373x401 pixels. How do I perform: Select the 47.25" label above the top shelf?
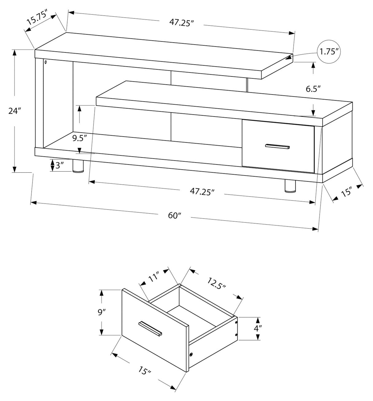pyautogui.click(x=181, y=23)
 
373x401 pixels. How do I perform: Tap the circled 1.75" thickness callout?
pyautogui.click(x=328, y=52)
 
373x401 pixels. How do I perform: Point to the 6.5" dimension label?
pyautogui.click(x=313, y=89)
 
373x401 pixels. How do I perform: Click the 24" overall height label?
pyautogui.click(x=14, y=111)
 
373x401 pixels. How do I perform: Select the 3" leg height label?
pyautogui.click(x=59, y=166)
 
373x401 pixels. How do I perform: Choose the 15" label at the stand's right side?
pyautogui.click(x=346, y=192)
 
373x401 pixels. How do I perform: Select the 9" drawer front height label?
pyautogui.click(x=102, y=312)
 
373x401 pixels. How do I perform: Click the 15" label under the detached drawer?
pyautogui.click(x=144, y=371)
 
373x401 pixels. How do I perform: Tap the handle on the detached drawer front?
pyautogui.click(x=150, y=329)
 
